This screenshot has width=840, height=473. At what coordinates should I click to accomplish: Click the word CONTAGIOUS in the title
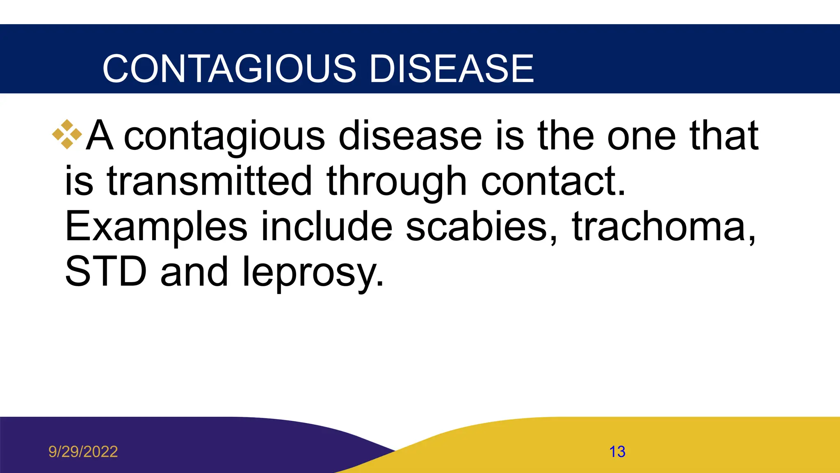229,69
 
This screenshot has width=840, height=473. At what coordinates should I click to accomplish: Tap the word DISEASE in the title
452,69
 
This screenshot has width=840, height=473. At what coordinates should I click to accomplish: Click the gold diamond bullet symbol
67,134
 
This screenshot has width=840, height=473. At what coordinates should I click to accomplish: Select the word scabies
482,226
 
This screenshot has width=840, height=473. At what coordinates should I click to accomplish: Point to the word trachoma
663,226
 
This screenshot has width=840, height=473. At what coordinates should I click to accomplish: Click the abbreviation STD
106,271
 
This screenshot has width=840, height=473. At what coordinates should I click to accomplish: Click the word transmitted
209,181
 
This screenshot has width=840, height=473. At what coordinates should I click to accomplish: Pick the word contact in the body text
553,181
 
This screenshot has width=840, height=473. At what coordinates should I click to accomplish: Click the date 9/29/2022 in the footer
83,452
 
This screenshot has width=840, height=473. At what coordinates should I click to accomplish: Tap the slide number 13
617,452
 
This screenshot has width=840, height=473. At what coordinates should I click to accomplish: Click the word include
327,226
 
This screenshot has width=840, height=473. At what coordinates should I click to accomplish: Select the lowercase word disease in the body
410,136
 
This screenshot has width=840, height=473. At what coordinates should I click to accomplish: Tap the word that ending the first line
724,136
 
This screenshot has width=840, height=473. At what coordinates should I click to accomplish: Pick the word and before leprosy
194,271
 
